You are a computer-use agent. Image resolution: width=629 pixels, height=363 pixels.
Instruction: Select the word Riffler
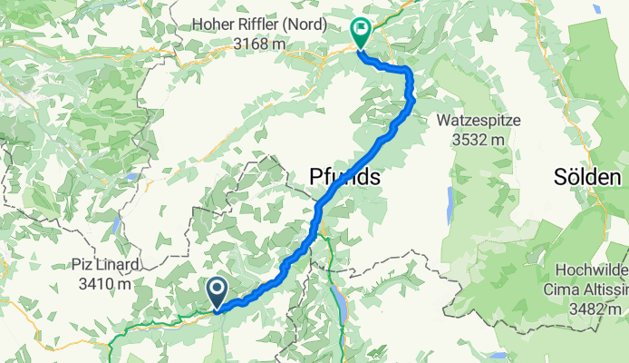point(265,25)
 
